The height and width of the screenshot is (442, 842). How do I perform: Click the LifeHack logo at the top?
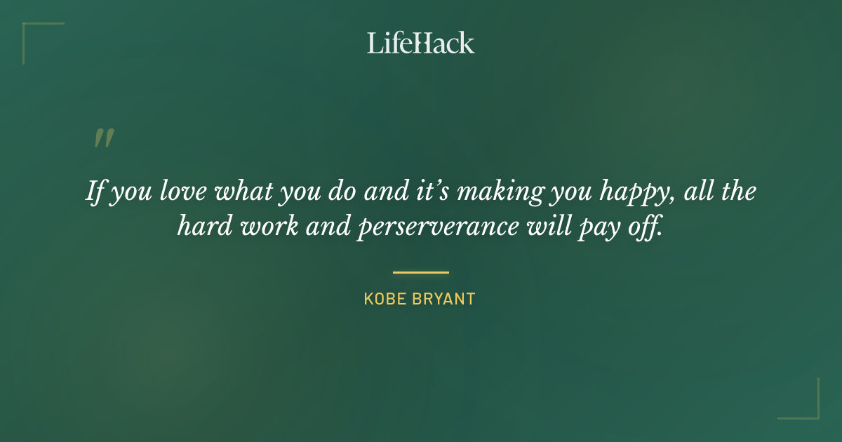pyautogui.click(x=420, y=43)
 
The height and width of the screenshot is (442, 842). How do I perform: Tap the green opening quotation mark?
pyautogui.click(x=104, y=138)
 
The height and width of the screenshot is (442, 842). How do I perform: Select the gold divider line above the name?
pyautogui.click(x=420, y=272)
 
